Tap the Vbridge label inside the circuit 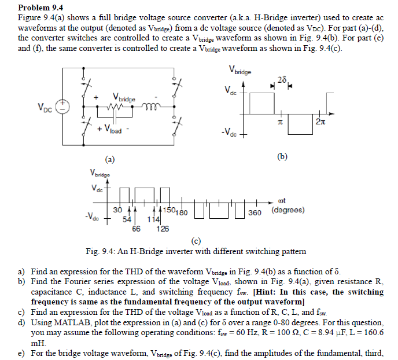coord(124,98)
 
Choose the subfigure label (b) coord(282,157)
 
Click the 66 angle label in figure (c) coord(136,228)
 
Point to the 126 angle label coord(163,228)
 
